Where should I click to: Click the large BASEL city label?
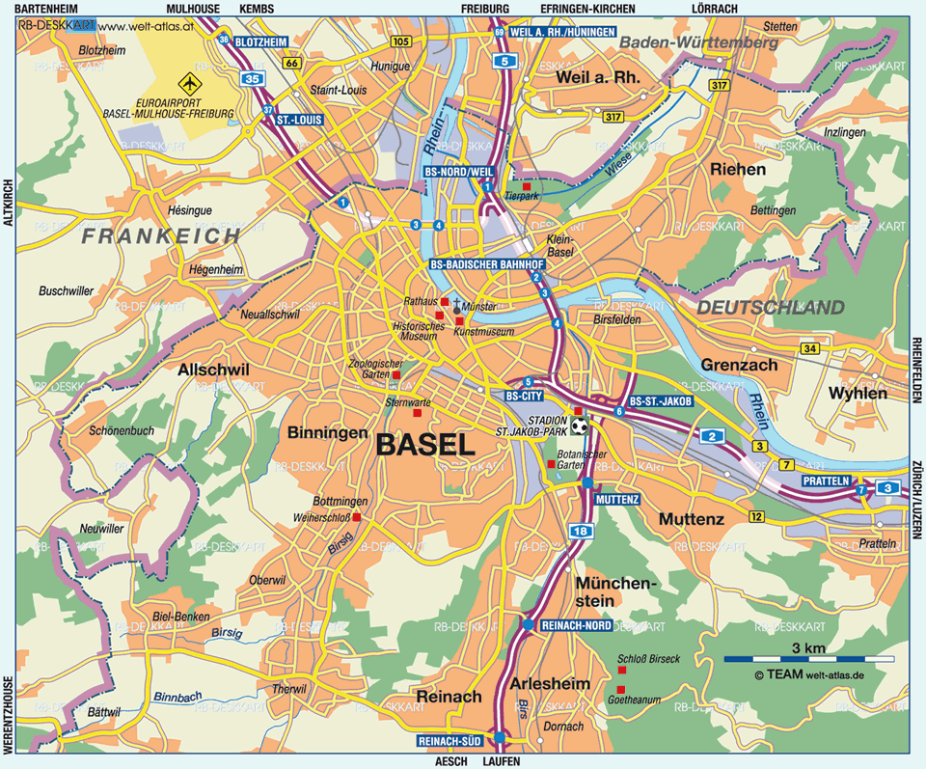coord(425,445)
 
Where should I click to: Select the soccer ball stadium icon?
coord(579,426)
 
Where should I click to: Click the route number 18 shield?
coord(579,531)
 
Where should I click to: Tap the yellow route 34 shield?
coord(810,348)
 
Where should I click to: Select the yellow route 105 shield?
coord(401,41)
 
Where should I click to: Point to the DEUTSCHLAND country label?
coord(770,308)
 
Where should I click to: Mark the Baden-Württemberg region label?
coord(698,43)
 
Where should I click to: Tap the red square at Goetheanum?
coord(620,689)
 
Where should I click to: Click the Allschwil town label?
coord(213,370)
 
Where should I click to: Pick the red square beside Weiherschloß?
coord(356,518)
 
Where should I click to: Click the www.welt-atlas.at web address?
coord(147,25)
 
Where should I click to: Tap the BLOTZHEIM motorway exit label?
coord(261,41)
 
